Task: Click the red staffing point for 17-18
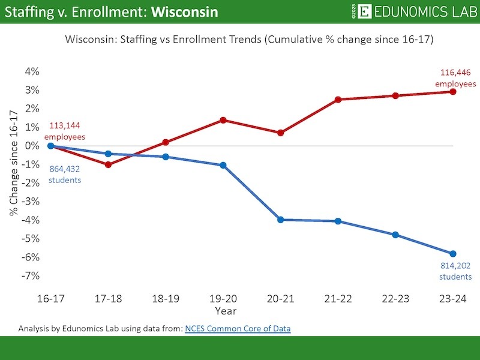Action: click(108, 164)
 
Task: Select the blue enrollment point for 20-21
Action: click(281, 220)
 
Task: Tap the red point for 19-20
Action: click(223, 120)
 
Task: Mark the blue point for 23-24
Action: click(453, 254)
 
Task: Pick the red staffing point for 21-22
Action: click(338, 100)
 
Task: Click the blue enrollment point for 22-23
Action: click(395, 235)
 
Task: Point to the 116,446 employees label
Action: click(454, 79)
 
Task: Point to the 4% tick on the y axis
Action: click(32, 71)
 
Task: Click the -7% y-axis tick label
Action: click(31, 275)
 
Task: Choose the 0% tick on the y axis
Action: click(32, 146)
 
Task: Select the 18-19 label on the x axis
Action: click(166, 298)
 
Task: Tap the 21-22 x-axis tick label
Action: click(338, 298)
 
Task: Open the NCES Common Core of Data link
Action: click(237, 328)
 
